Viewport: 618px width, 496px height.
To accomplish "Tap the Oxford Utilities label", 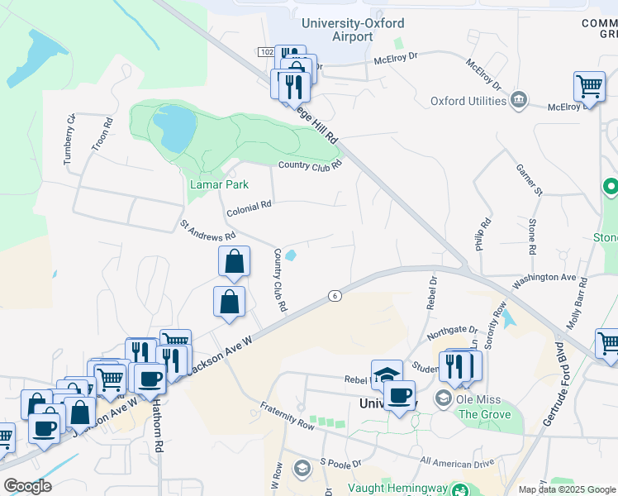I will [468, 101].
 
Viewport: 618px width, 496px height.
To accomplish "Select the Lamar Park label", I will [219, 184].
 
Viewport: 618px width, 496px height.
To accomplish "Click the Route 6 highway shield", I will [335, 295].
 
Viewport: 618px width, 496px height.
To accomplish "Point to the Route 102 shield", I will [265, 51].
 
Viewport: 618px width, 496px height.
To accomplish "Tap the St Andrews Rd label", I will [208, 230].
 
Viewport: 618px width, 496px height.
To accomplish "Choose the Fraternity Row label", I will [287, 416].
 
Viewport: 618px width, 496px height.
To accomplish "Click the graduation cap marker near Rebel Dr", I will [387, 374].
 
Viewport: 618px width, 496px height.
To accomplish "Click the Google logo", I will [27, 485].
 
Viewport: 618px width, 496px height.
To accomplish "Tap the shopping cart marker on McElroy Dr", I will [589, 86].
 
